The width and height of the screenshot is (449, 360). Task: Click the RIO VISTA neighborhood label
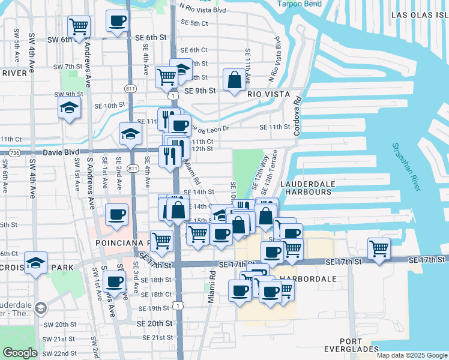(268, 95)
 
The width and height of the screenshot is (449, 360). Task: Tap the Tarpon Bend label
(300, 4)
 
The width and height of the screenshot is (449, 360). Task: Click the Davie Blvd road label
(61, 153)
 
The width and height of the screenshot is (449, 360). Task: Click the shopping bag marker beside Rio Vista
(234, 80)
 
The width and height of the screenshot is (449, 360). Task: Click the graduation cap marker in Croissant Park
(36, 262)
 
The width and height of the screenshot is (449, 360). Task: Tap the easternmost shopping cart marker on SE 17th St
(379, 248)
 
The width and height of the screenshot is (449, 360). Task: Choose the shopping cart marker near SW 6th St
(79, 27)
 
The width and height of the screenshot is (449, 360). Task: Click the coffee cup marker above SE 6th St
(117, 21)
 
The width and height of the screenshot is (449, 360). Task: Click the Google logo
(20, 353)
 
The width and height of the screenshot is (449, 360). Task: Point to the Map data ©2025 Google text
(411, 355)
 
